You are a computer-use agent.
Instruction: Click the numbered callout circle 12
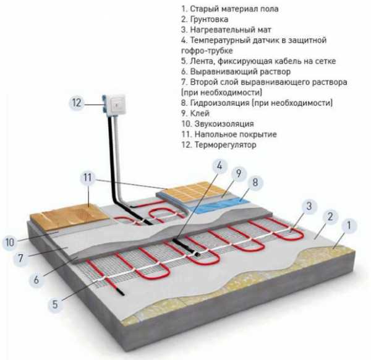76,103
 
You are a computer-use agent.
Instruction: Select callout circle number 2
331,216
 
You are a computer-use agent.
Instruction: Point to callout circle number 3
307,207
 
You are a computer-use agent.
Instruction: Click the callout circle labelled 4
220,166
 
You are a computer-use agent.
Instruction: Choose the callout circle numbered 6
37,280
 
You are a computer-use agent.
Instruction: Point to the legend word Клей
202,113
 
